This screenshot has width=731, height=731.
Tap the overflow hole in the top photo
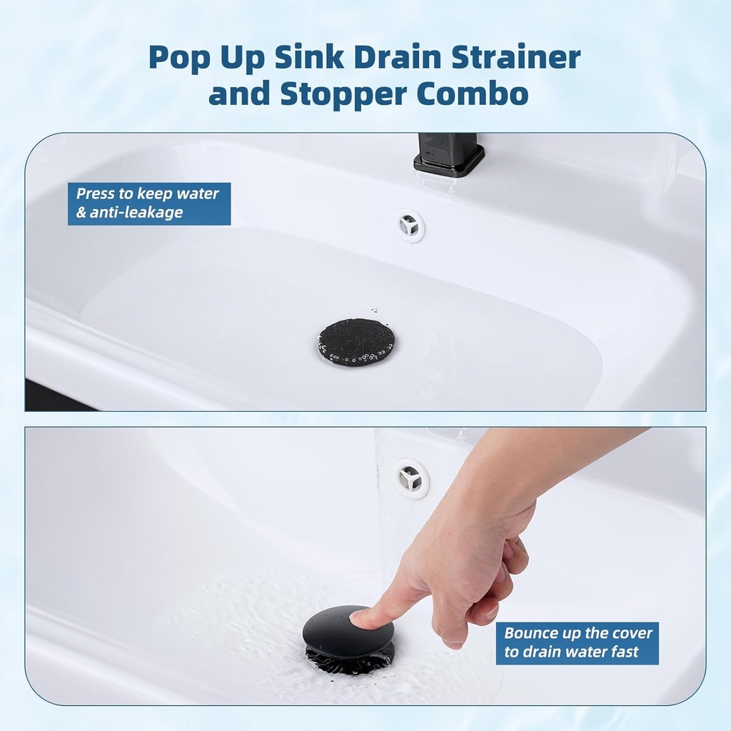[x=410, y=225]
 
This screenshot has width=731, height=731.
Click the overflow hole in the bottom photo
[x=411, y=478]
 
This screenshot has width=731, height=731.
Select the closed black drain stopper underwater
[x=356, y=342]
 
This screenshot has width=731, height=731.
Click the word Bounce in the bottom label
[x=529, y=633]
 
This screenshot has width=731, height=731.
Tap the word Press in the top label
[x=96, y=193]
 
